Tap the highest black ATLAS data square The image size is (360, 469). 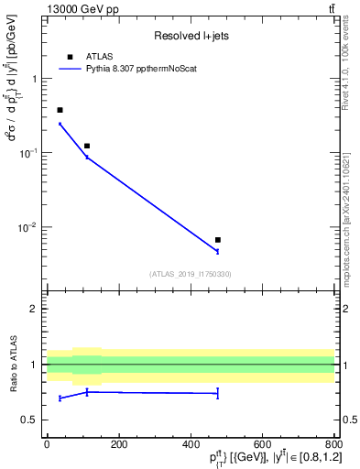click(x=60, y=110)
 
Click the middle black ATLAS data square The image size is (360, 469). click(x=87, y=146)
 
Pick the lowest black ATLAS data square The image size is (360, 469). click(x=217, y=240)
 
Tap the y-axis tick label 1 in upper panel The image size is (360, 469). click(x=36, y=79)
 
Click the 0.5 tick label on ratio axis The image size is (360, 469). click(x=32, y=420)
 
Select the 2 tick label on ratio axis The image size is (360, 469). click(x=36, y=309)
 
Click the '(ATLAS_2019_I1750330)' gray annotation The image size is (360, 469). click(x=191, y=273)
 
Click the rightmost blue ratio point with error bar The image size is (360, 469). click(x=217, y=393)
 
